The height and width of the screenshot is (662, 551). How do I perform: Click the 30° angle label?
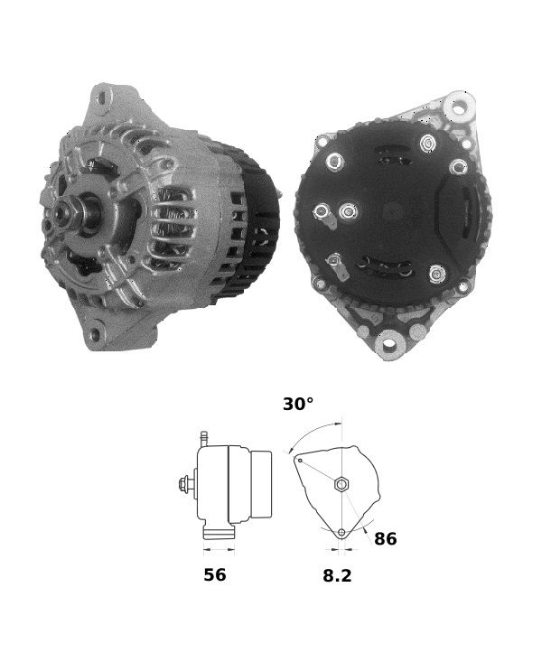[x=298, y=404]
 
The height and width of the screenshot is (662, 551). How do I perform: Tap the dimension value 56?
[x=215, y=574]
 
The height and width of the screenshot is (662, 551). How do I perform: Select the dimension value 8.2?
[x=337, y=575]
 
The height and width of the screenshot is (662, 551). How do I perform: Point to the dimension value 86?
[x=385, y=538]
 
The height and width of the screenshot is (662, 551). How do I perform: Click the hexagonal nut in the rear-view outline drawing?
[x=341, y=484]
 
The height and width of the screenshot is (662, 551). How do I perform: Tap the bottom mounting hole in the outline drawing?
[x=341, y=532]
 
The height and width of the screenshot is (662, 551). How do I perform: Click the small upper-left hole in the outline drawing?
[x=300, y=461]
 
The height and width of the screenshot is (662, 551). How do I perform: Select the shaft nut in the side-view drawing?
[x=184, y=483]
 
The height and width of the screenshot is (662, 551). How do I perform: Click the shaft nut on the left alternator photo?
[x=62, y=212]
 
